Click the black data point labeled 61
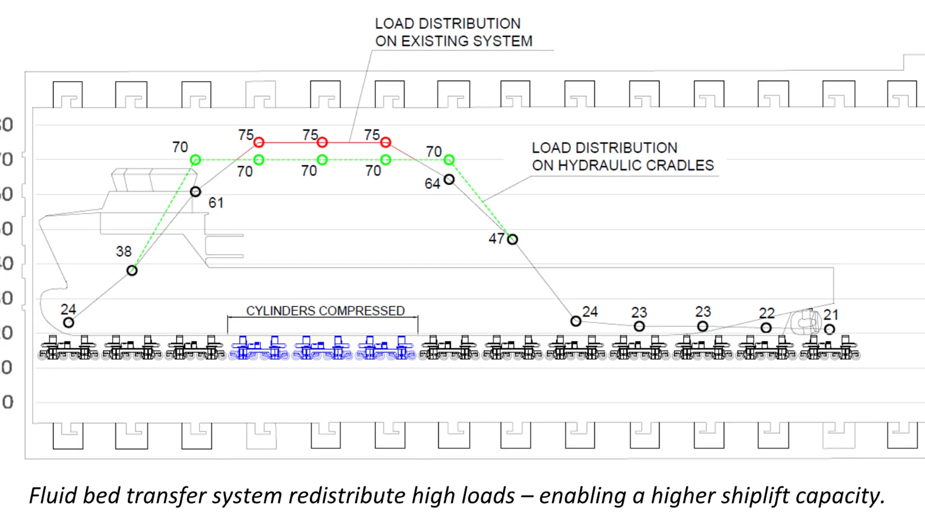click(195, 192)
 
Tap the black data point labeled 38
click(132, 271)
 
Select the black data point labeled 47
click(513, 239)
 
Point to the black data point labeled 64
click(449, 180)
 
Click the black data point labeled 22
click(766, 328)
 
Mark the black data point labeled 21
click(829, 329)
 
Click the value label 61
click(216, 203)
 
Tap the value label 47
click(496, 239)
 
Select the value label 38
click(124, 251)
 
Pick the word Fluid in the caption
click(53, 496)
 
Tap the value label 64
click(432, 184)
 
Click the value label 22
click(766, 313)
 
